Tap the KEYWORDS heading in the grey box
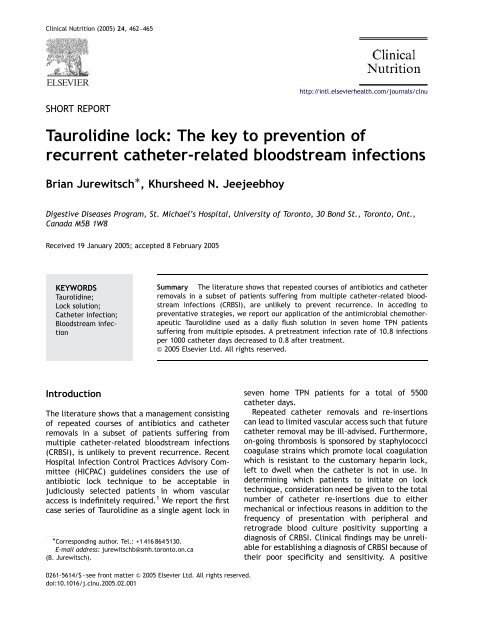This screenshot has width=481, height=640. click(x=87, y=313)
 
